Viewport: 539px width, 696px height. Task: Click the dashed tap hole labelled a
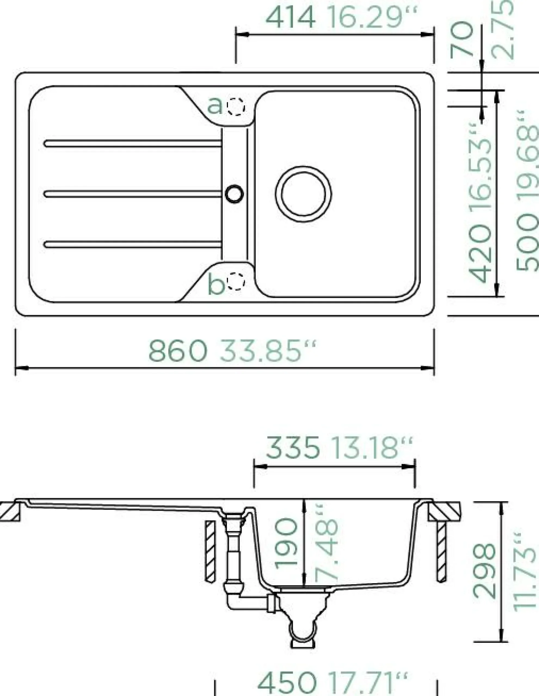click(x=236, y=107)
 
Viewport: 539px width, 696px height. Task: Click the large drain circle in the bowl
click(x=303, y=194)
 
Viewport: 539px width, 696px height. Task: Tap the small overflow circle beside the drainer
click(x=234, y=194)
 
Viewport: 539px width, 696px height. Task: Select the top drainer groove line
click(x=132, y=143)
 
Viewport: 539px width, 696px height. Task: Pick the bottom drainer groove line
click(x=132, y=244)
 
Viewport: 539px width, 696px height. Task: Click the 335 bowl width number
click(x=292, y=448)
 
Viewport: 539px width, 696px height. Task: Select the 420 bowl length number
click(x=480, y=254)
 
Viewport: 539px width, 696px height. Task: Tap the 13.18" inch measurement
click(x=372, y=448)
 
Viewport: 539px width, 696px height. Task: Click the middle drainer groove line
click(x=132, y=194)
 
